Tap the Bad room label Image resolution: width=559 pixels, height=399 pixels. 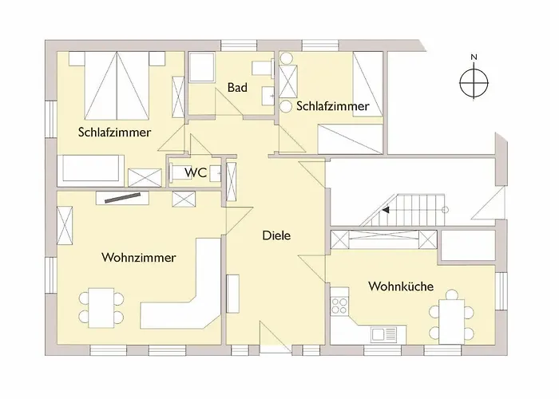236,87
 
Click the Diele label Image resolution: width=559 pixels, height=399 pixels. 276,236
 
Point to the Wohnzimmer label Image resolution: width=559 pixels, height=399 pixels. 138,258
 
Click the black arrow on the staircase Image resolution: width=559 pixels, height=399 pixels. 386,211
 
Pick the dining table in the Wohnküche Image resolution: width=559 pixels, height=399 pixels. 452,318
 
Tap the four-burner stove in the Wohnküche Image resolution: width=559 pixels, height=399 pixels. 339,305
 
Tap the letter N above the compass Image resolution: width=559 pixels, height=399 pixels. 474,57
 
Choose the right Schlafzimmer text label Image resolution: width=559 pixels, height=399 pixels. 332,106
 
